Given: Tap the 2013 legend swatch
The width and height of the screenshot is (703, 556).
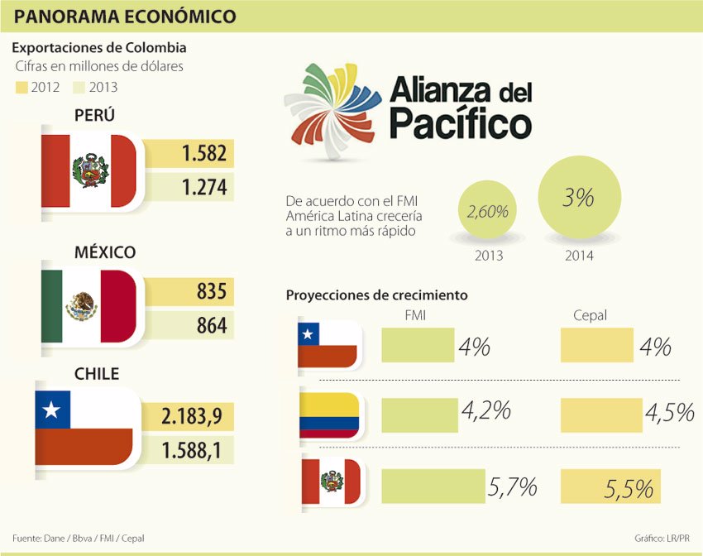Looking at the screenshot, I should click(81, 87).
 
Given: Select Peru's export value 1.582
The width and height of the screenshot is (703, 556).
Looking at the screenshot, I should click(204, 154).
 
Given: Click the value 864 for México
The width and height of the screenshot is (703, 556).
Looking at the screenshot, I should click(212, 326).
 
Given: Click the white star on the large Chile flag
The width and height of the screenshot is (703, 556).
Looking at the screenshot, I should click(52, 409).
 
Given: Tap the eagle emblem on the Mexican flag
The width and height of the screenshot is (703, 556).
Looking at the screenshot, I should click(81, 307).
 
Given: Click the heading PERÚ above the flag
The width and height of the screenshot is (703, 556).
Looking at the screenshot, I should click(93, 115).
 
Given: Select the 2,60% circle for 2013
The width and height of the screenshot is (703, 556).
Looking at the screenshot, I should click(487, 212).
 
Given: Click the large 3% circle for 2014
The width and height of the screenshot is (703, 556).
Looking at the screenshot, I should click(578, 199).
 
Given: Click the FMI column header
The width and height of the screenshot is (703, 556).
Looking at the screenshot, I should click(416, 315).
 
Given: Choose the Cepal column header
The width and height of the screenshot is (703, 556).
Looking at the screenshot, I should click(590, 315).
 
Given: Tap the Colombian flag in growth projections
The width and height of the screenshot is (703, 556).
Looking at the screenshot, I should click(329, 415).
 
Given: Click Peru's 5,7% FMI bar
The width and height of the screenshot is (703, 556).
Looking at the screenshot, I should click(433, 486).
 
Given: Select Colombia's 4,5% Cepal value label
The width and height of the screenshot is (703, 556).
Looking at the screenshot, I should click(668, 412).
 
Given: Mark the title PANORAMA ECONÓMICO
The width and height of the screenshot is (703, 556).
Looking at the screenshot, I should click(125, 17).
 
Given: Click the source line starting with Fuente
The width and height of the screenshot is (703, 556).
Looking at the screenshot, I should click(72, 539).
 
